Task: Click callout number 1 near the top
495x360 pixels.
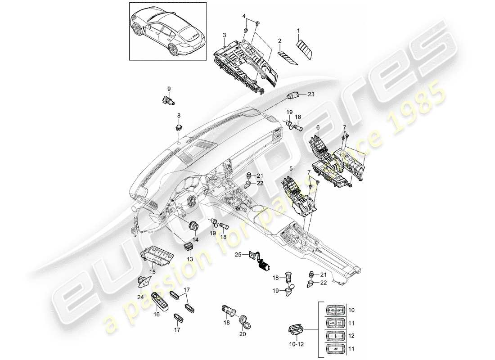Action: pyautogui.click(x=298, y=30)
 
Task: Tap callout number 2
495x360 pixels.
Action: pyautogui.click(x=280, y=41)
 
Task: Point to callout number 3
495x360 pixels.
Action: pyautogui.click(x=224, y=35)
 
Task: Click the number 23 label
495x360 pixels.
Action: pyautogui.click(x=311, y=94)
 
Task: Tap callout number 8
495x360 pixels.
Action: pyautogui.click(x=178, y=116)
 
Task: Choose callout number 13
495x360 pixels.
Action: pyautogui.click(x=189, y=259)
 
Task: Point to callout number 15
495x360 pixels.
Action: pyautogui.click(x=153, y=271)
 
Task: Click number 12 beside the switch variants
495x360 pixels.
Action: pyautogui.click(x=351, y=336)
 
